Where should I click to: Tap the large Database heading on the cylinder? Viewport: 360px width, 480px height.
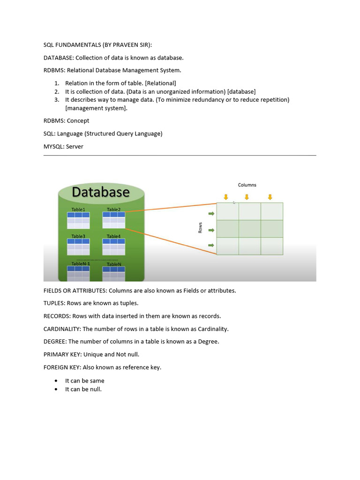coord(100,192)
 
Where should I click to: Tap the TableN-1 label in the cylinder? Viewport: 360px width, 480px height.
coord(80,264)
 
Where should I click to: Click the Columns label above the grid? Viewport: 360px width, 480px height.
coord(247,185)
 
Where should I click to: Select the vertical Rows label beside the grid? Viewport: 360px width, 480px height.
coord(200,228)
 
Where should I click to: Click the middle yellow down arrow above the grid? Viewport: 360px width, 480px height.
coord(247,197)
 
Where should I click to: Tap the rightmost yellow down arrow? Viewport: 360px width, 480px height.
coord(270,197)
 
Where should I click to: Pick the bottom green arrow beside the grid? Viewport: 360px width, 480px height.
coord(211,245)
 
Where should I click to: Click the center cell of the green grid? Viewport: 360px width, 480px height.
coord(249,229)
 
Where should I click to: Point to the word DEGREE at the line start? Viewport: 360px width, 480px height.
coord(54,342)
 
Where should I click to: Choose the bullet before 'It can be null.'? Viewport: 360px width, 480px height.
coord(56,390)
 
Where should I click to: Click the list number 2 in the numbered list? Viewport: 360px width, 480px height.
coord(56,91)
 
